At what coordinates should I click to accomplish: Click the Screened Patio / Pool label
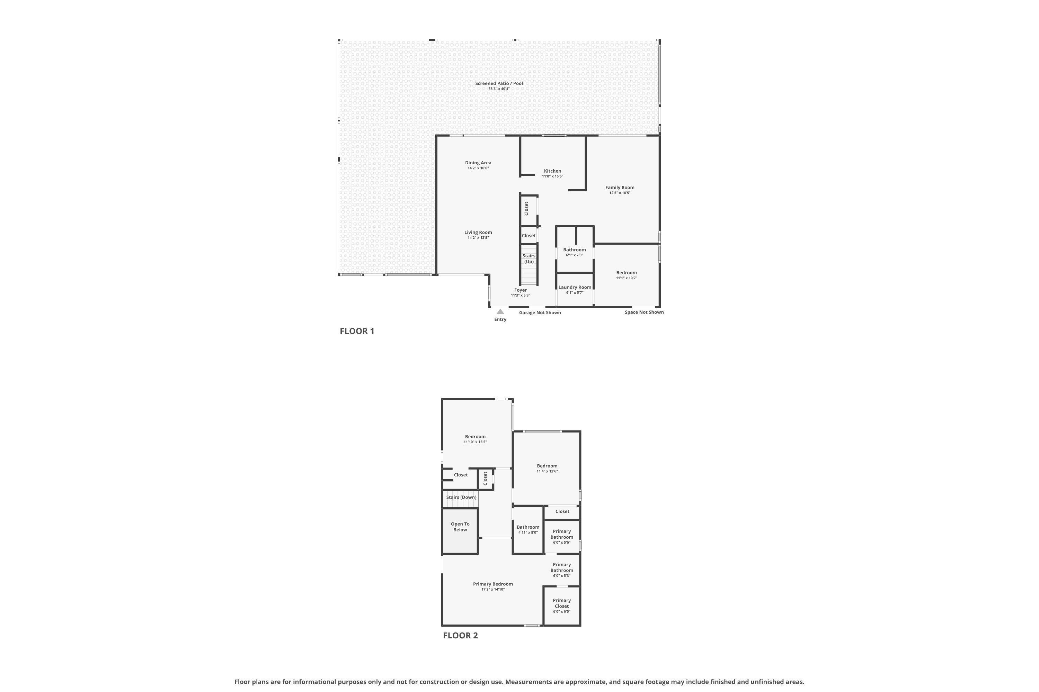499,83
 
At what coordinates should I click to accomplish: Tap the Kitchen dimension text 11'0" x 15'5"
552,176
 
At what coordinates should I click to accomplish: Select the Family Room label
619,188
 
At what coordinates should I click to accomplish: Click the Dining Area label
478,163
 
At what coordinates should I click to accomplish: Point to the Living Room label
478,233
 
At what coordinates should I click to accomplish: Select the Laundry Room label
574,287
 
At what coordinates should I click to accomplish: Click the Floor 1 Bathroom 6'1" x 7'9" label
574,250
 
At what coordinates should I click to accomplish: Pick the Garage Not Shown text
540,312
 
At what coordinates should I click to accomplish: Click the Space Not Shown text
643,312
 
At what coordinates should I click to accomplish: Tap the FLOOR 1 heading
357,331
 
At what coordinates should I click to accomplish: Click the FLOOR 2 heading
460,636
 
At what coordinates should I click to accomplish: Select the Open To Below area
460,530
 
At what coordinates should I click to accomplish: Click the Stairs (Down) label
461,498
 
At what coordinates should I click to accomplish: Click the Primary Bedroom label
492,584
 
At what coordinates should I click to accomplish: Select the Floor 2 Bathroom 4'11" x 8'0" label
528,527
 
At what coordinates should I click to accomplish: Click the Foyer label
521,290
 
